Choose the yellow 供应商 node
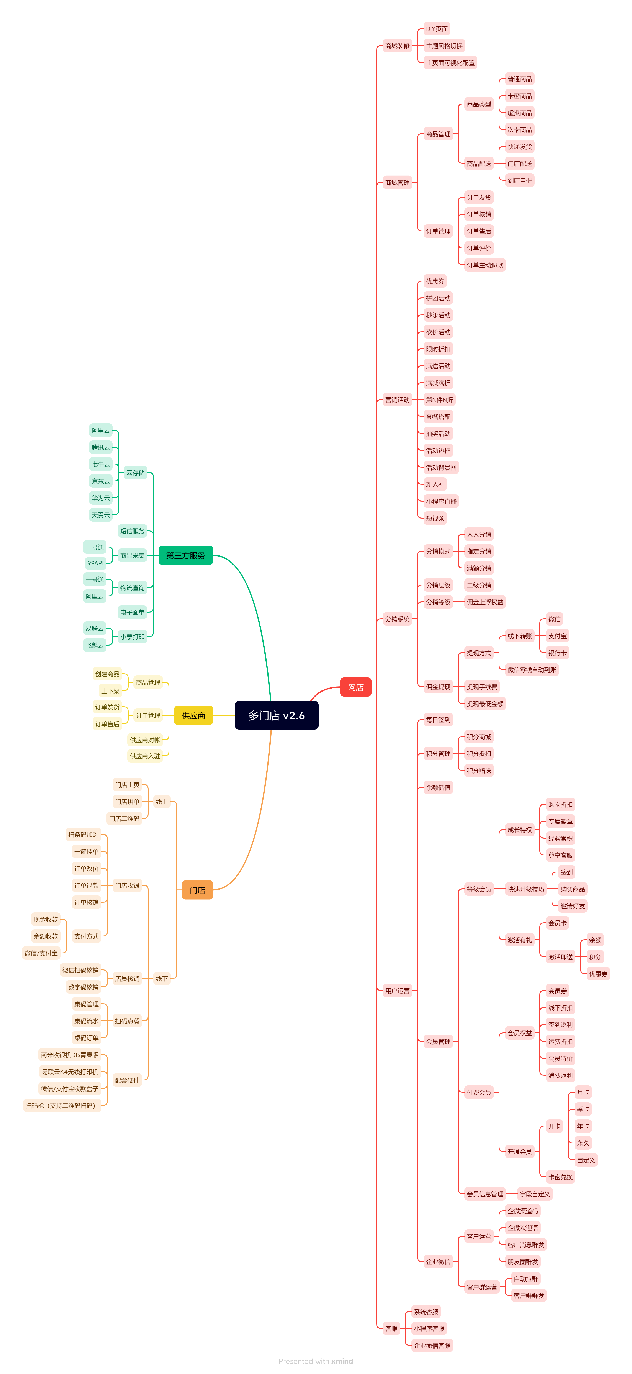[193, 715]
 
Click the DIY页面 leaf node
[437, 29]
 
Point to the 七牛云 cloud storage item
[101, 464]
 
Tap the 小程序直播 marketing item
[441, 501]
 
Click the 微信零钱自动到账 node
[532, 670]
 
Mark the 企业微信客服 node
[432, 1346]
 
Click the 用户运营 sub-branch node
[398, 991]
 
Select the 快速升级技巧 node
[526, 889]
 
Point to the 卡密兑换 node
[561, 1177]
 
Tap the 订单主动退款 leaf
[485, 265]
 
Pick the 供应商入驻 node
[145, 756]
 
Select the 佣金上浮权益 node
[485, 602]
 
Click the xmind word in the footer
[342, 1361]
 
